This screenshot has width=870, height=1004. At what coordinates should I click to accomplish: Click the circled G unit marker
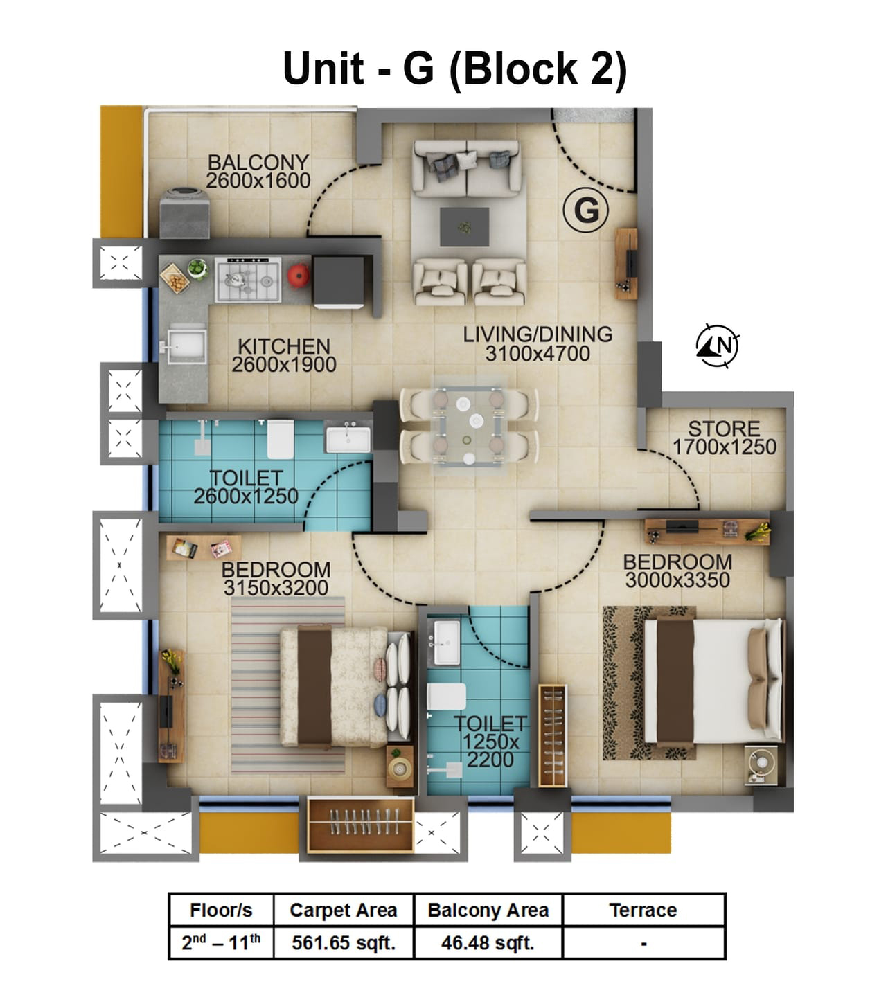coord(586,209)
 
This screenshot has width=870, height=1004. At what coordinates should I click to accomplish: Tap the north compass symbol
coord(718,344)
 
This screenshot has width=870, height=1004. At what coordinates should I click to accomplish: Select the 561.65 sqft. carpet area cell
coord(344,942)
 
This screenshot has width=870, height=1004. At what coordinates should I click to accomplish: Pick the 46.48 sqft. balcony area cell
coord(488,942)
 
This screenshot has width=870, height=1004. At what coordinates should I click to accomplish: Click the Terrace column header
coord(643,910)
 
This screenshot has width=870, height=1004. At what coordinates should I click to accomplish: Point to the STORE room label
coord(724,429)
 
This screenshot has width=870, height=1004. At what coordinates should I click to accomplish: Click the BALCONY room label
coord(258,162)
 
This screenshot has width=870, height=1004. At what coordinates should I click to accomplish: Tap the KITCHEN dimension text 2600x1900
coord(284,365)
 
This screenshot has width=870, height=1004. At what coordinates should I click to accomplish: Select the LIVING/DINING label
coord(538,334)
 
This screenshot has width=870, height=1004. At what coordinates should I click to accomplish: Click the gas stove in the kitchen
coord(248,280)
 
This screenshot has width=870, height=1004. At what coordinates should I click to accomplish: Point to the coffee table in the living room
coord(464,226)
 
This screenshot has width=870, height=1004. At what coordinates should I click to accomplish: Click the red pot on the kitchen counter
coord(298,274)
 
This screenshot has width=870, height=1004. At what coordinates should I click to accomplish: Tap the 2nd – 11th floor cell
coord(221,942)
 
